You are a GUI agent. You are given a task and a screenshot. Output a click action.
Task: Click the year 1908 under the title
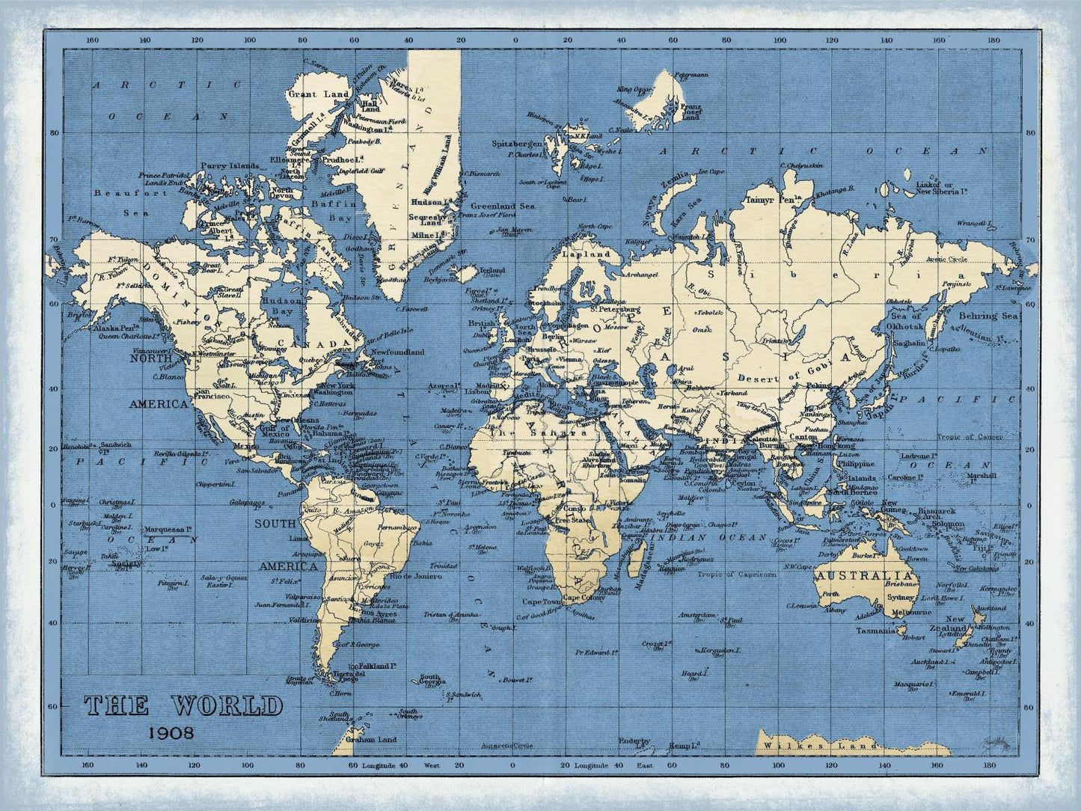[x=171, y=732]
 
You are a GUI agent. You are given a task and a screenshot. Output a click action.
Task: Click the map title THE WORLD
[x=183, y=706]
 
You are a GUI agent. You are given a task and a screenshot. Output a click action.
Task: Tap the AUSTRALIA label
[x=864, y=576]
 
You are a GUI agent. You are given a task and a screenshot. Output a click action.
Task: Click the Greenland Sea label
[x=503, y=206]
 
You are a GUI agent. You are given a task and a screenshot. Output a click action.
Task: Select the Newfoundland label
[x=397, y=352]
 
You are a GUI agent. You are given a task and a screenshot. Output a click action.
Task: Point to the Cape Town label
[x=541, y=602]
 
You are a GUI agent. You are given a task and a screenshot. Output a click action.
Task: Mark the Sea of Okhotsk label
[x=907, y=321]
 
